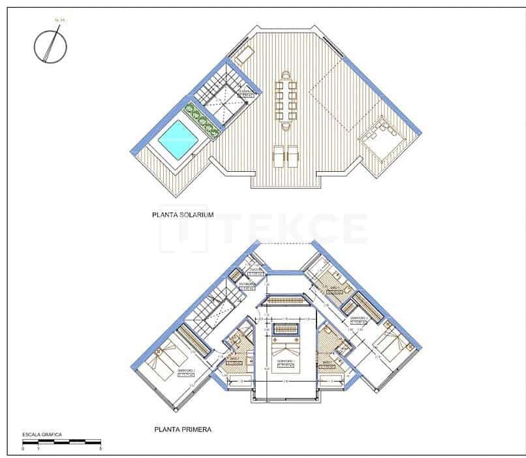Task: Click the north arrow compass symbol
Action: click(x=50, y=45)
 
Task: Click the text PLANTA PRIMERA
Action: click(x=181, y=429)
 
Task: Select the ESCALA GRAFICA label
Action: click(x=42, y=434)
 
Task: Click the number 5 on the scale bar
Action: click(x=100, y=450)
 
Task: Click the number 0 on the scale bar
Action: click(x=23, y=450)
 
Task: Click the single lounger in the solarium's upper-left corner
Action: click(x=244, y=55)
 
